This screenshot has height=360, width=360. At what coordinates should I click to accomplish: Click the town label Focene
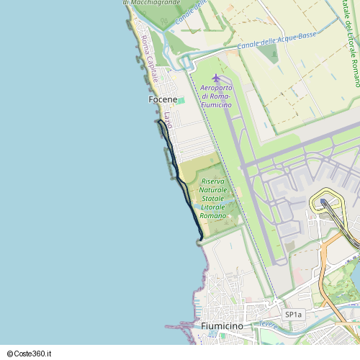pos(162,99)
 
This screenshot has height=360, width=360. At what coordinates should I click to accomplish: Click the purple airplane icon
pos(215,78)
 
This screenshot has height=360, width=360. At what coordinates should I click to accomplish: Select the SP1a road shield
pos(294,315)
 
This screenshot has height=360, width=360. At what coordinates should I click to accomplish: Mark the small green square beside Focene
pos(181,100)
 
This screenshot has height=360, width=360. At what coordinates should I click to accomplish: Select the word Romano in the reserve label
pos(213,215)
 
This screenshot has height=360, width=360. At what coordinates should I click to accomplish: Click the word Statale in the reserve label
pos(213,198)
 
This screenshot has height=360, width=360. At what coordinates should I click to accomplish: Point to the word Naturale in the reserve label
pos(213,189)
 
